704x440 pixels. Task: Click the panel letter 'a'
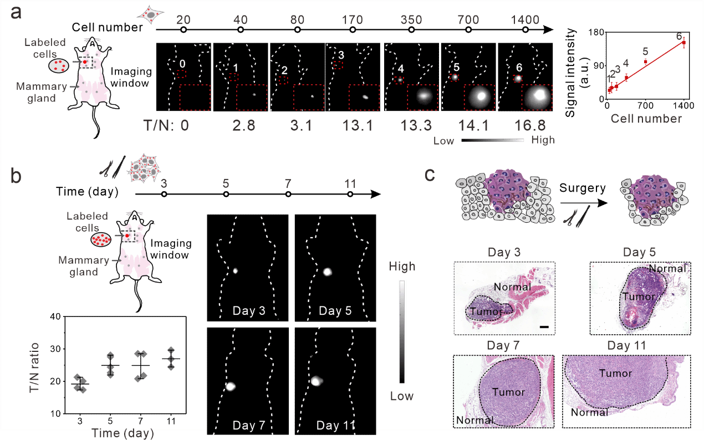pyautogui.click(x=17, y=12)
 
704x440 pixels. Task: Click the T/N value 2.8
pyautogui.click(x=244, y=125)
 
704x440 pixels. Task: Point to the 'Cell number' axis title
pyautogui.click(x=646, y=119)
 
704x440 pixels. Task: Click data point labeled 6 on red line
pyautogui.click(x=683, y=42)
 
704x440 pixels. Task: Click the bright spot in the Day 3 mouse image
pyautogui.click(x=235, y=271)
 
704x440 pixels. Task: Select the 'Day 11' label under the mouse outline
pyautogui.click(x=335, y=426)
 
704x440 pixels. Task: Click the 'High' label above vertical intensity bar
pyautogui.click(x=402, y=267)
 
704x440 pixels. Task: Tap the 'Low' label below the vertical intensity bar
pyautogui.click(x=401, y=396)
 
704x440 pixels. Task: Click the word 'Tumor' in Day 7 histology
pyautogui.click(x=509, y=392)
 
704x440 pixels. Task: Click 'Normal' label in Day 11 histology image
pyautogui.click(x=589, y=412)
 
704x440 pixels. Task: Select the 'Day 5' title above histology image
pyautogui.click(x=639, y=252)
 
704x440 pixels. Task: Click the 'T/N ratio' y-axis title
pyautogui.click(x=34, y=368)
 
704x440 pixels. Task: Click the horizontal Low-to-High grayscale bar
pyautogui.click(x=492, y=140)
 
